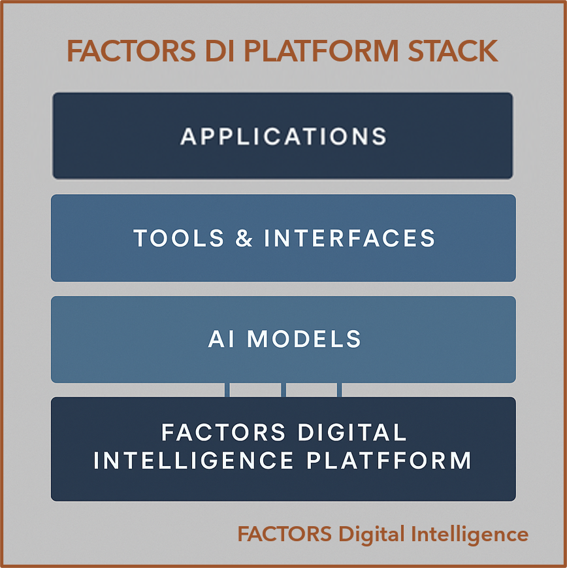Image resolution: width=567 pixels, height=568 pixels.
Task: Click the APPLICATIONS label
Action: pyautogui.click(x=283, y=136)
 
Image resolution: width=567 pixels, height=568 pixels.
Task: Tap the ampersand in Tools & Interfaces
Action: pyautogui.click(x=244, y=238)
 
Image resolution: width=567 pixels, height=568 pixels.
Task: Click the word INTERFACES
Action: pyautogui.click(x=349, y=238)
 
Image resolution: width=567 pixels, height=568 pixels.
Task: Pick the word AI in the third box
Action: pyautogui.click(x=222, y=339)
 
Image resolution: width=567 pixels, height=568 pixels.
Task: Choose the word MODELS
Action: pyautogui.click(x=304, y=339)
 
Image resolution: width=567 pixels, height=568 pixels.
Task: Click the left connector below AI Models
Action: pyautogui.click(x=227, y=390)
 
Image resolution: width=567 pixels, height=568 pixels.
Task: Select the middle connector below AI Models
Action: pyautogui.click(x=283, y=390)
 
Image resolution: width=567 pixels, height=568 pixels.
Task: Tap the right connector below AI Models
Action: pyautogui.click(x=340, y=390)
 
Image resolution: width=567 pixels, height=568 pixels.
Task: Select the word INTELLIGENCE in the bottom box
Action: pyautogui.click(x=194, y=460)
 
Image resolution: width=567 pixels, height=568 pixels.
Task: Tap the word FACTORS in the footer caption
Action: pyautogui.click(x=284, y=535)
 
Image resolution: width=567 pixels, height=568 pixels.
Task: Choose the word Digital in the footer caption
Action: pyautogui.click(x=370, y=535)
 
